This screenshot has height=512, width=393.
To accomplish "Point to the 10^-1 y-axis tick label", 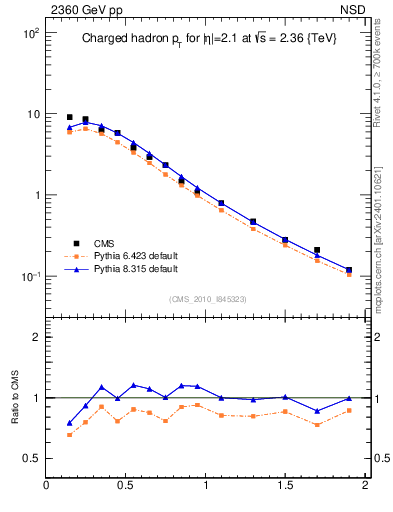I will (x=28, y=277).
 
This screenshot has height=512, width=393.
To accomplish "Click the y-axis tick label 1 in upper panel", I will (x=35, y=195).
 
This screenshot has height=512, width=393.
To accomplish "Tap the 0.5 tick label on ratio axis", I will (x=30, y=458).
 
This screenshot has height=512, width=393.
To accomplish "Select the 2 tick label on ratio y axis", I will (x=35, y=337).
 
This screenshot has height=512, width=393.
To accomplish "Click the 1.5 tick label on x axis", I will (x=285, y=487).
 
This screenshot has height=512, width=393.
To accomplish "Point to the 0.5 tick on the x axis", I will (x=126, y=487).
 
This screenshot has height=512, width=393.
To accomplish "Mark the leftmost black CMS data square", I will (x=69, y=117).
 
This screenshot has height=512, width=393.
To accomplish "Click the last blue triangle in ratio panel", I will (x=349, y=399).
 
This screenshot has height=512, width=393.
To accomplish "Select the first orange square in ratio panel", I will (x=69, y=434).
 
